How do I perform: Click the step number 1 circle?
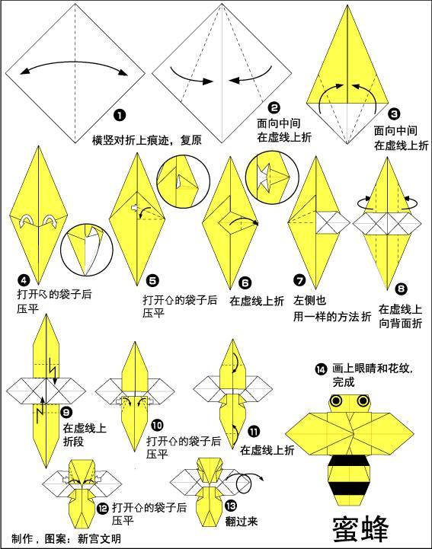(x=119, y=116)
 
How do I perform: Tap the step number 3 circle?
(x=393, y=113)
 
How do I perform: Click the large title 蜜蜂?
(x=361, y=528)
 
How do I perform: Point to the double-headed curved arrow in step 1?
(x=75, y=66)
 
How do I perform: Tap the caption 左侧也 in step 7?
(x=309, y=301)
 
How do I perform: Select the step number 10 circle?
(x=156, y=425)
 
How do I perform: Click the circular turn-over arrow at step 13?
(x=248, y=484)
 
